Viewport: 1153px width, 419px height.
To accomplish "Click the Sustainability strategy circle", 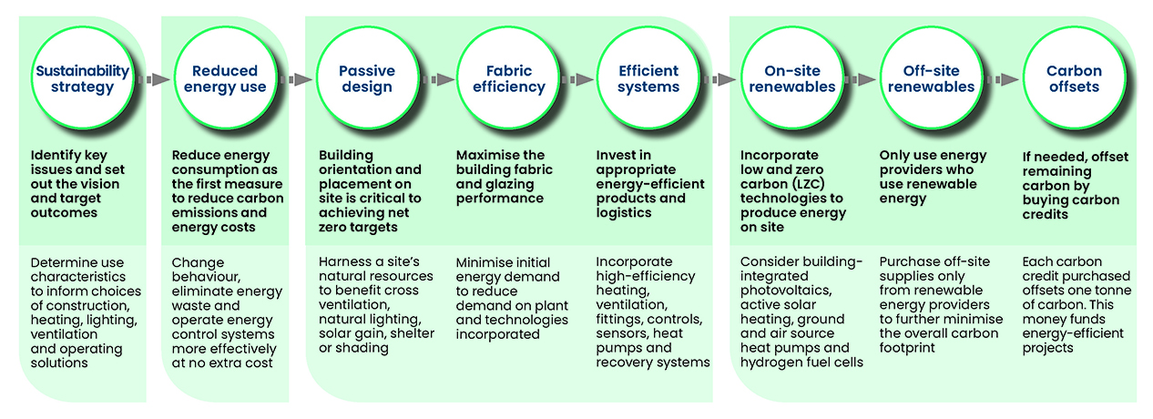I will [82, 80].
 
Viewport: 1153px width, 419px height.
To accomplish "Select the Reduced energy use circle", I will [225, 80].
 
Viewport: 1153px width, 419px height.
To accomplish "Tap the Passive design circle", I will [367, 80].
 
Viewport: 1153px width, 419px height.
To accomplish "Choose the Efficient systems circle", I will [648, 80].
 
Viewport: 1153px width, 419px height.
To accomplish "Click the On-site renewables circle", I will [788, 80].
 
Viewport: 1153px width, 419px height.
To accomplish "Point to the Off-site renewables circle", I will [931, 80].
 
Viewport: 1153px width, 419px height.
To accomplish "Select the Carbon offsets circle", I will [1074, 80].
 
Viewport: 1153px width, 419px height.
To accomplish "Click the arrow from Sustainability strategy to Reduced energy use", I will [156, 80].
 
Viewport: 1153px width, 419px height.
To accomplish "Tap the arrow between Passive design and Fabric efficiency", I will [440, 80].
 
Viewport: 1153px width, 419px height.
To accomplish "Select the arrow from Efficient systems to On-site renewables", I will [719, 80].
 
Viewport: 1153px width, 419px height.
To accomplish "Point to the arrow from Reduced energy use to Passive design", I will [297, 80].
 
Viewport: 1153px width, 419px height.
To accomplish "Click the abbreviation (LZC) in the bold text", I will [821, 184].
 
